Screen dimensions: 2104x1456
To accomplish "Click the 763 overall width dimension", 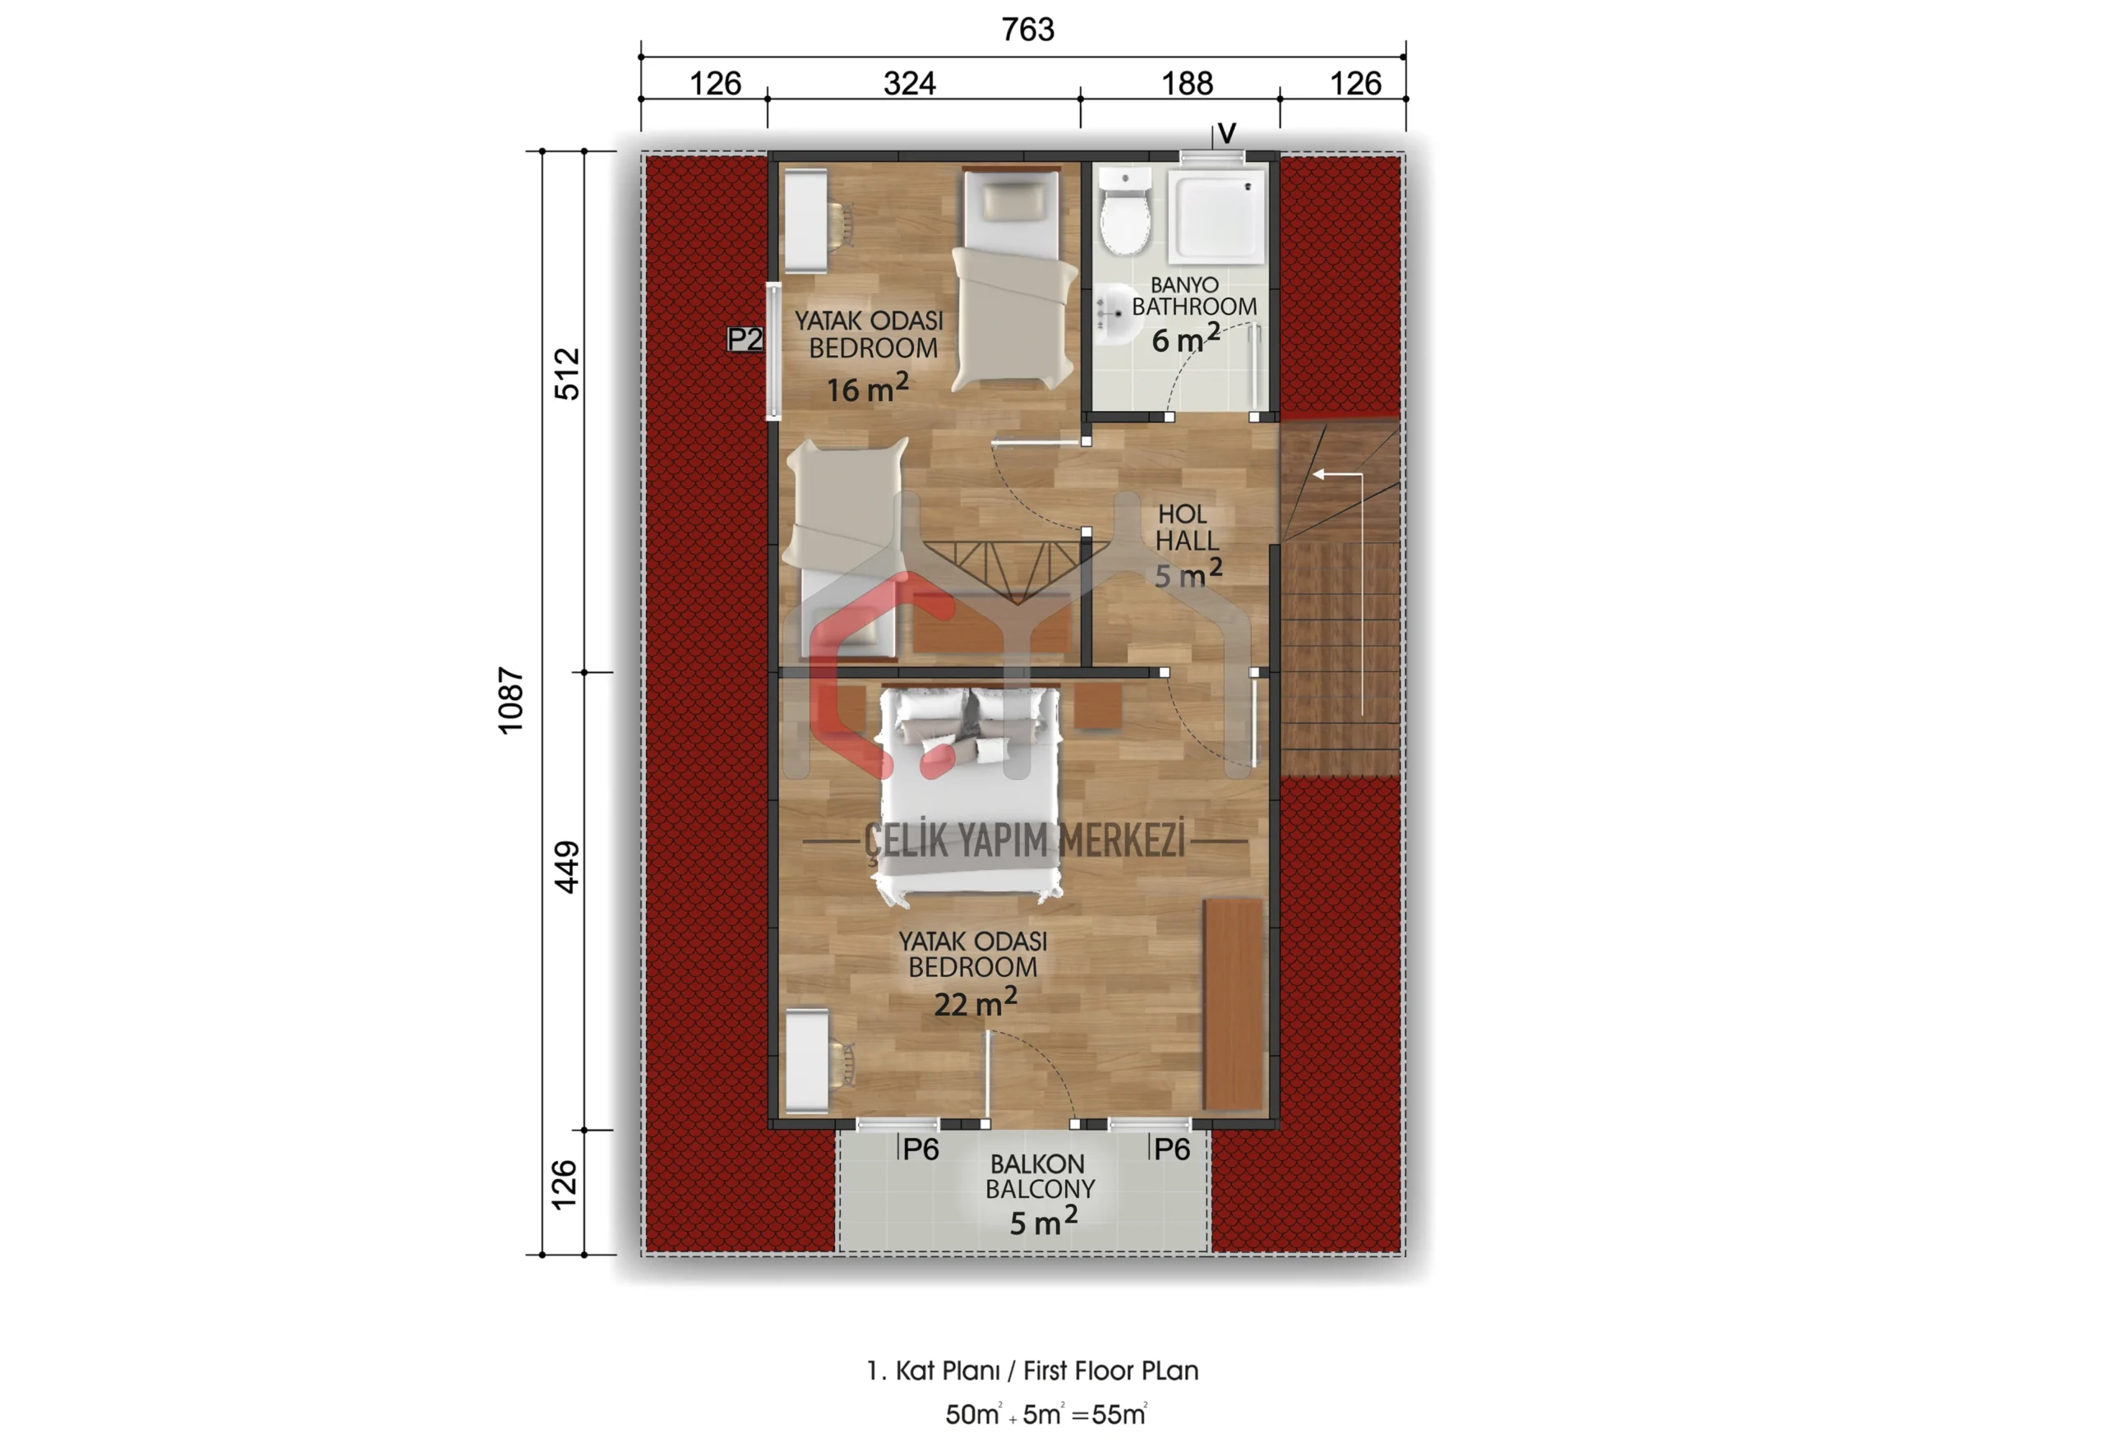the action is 1027,30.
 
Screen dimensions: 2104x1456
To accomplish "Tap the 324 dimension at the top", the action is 909,84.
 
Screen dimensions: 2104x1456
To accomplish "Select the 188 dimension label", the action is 1186,84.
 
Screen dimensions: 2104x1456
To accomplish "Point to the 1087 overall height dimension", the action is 511,700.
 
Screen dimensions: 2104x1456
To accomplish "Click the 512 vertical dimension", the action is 566,373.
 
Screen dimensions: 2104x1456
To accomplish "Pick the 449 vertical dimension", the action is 566,867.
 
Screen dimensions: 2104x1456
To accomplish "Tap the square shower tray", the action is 1217,218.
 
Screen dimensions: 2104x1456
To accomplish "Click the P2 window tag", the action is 745,339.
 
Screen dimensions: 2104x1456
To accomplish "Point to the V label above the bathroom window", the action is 1227,133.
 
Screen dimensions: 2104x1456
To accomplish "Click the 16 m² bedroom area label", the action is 867,389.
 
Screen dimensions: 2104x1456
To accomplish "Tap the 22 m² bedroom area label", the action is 975,1003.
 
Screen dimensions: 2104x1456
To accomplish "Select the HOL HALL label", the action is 1186,528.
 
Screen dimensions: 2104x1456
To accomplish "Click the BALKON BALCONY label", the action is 1039,1176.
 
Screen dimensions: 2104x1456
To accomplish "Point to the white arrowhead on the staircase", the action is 1319,474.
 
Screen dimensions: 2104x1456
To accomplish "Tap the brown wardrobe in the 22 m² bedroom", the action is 1234,1003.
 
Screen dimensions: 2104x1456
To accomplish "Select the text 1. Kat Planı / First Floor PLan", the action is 1032,1371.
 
